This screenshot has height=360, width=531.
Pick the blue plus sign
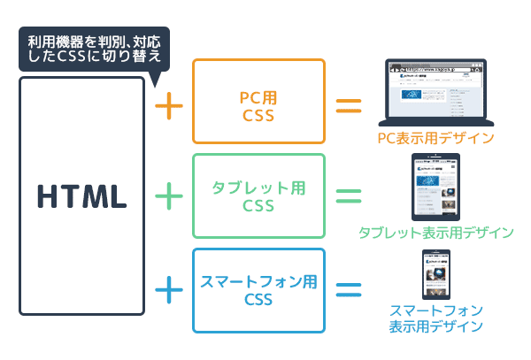(169, 289)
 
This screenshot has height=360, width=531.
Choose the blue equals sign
(349, 289)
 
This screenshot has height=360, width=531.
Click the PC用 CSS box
(259, 102)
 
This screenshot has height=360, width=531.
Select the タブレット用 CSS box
(259, 195)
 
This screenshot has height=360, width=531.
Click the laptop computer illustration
(435, 92)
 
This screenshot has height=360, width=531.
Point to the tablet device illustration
(435, 187)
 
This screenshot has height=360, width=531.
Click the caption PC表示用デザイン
(435, 138)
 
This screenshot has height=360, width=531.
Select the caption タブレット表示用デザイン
(435, 233)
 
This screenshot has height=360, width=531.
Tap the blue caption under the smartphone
(435, 318)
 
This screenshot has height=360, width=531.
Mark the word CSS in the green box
(259, 206)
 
